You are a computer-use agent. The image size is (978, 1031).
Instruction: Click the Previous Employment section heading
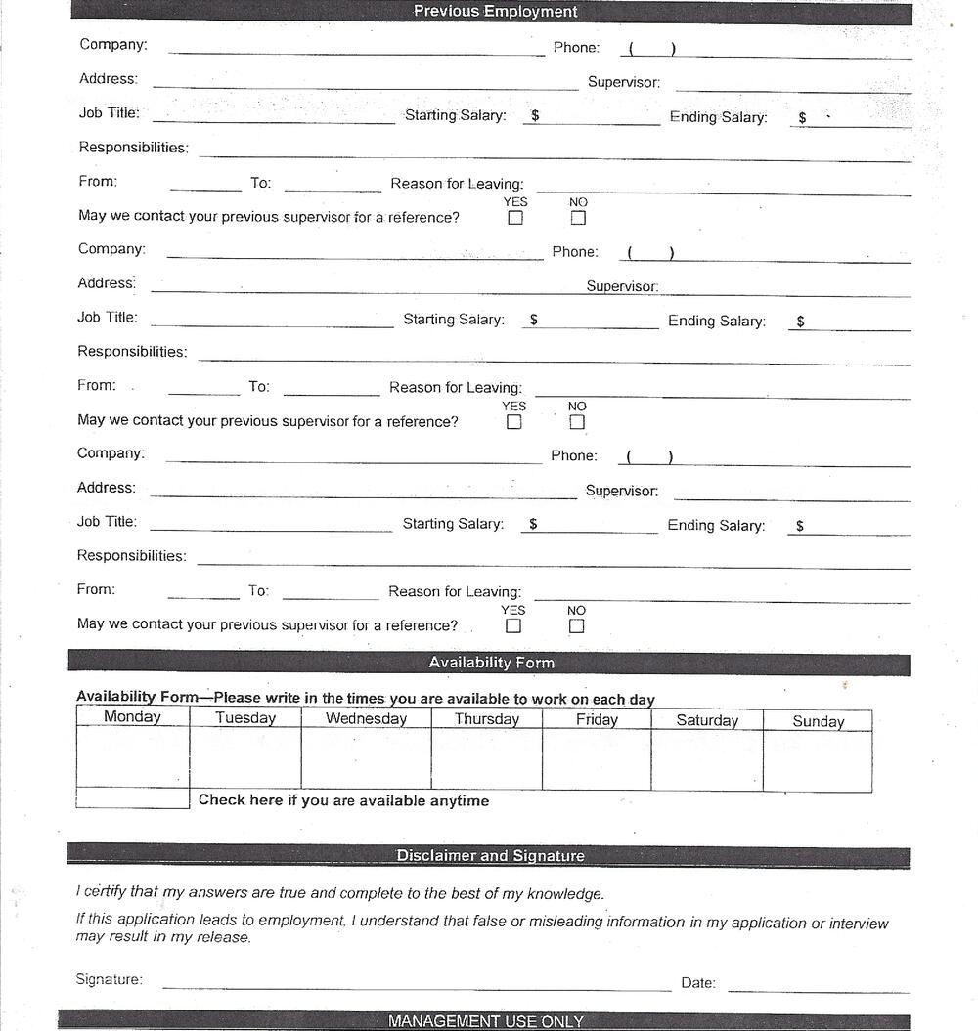pos(495,12)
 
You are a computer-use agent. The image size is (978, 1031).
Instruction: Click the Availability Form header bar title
pos(491,663)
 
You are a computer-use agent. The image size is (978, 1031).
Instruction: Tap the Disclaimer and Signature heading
pos(490,856)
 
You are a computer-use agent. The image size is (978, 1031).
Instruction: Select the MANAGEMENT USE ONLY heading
pos(485,1021)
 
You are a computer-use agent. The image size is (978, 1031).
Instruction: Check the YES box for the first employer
pos(515,218)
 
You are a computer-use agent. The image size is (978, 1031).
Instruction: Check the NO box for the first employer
pos(578,218)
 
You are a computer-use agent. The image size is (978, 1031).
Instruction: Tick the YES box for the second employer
pos(514,422)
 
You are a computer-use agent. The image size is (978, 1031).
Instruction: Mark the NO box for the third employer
pos(576,626)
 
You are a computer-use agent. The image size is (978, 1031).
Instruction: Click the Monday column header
pos(132,717)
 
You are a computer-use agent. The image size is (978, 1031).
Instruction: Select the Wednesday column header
pos(366,718)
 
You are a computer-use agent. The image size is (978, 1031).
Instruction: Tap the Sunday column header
pos(818,722)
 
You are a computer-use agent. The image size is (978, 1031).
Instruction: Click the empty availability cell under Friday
pos(597,759)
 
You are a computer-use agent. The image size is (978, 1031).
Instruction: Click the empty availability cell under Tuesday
pos(245,757)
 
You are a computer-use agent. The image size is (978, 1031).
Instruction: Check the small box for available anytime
pos(132,798)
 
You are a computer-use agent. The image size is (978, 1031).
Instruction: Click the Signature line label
pos(109,979)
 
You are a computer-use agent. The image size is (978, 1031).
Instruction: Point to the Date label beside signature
pos(698,983)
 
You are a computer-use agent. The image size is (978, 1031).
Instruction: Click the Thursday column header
pos(487,719)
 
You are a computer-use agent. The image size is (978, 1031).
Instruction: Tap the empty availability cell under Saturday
pos(707,760)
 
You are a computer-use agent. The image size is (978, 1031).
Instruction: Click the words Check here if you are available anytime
pos(343,800)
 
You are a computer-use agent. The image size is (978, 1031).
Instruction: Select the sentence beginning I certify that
pos(340,893)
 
